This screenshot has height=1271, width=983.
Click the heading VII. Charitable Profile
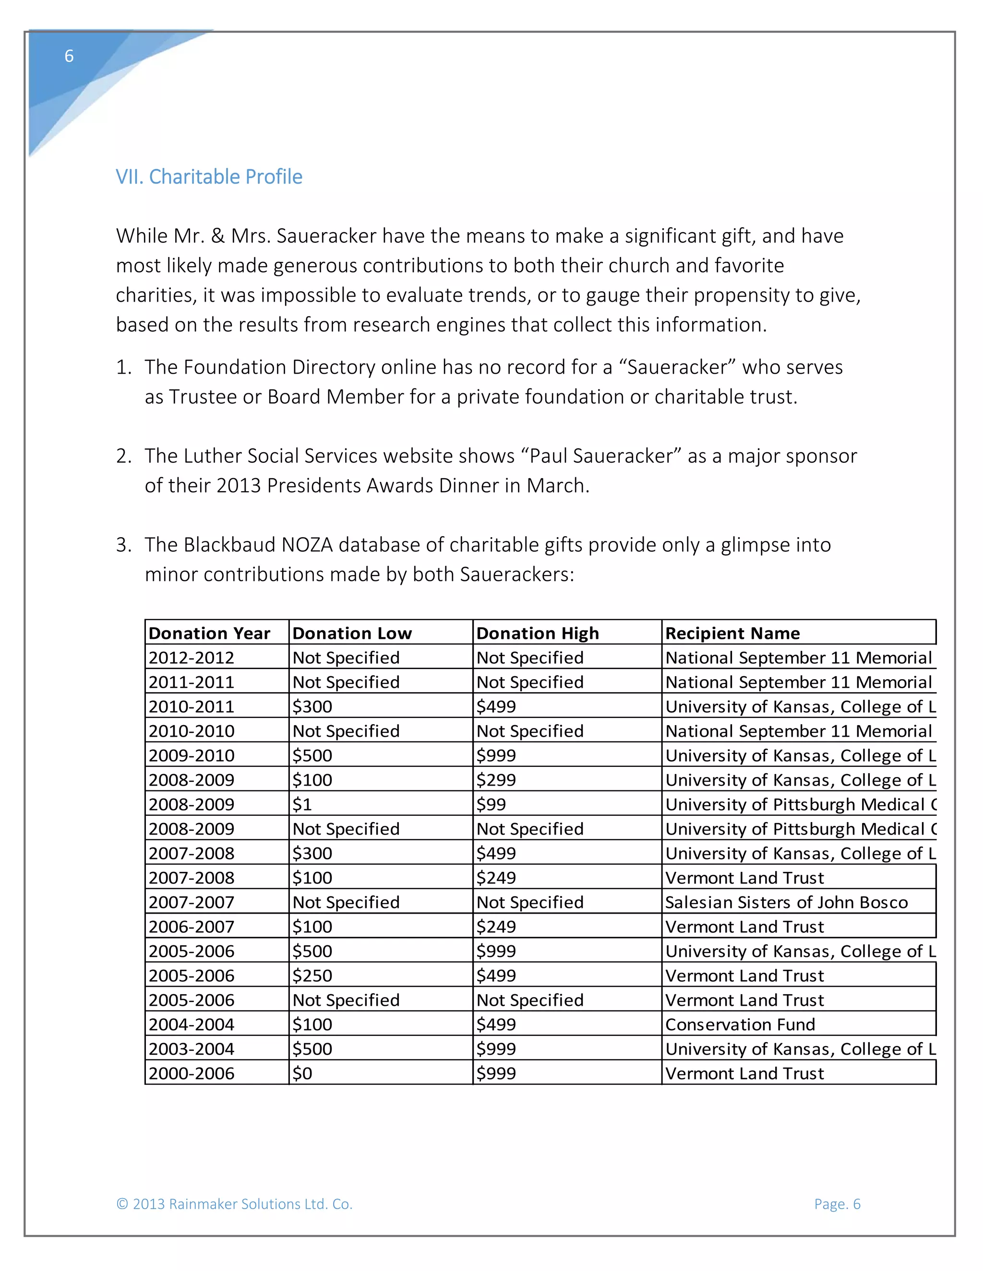pyautogui.click(x=209, y=177)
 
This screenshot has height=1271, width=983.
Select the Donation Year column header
pyautogui.click(x=210, y=633)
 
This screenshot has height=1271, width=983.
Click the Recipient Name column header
pyautogui.click(x=732, y=633)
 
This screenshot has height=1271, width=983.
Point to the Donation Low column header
pyautogui.click(x=352, y=633)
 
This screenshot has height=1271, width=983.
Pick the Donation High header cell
pyautogui.click(x=538, y=633)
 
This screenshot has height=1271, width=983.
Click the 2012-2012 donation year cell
pyautogui.click(x=192, y=658)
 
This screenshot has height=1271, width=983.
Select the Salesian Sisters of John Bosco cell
pyautogui.click(x=786, y=902)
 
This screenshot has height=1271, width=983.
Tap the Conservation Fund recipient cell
pyautogui.click(x=740, y=1024)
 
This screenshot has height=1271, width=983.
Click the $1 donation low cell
pyautogui.click(x=303, y=804)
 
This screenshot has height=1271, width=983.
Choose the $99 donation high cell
pyautogui.click(x=491, y=804)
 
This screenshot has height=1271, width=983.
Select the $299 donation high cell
pyautogui.click(x=496, y=780)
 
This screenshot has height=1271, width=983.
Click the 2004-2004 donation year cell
pyautogui.click(x=192, y=1024)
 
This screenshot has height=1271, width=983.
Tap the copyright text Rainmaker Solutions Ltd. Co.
pyautogui.click(x=234, y=1204)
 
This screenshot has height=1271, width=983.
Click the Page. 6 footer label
pyautogui.click(x=837, y=1204)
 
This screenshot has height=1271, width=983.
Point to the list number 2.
pyautogui.click(x=123, y=456)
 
